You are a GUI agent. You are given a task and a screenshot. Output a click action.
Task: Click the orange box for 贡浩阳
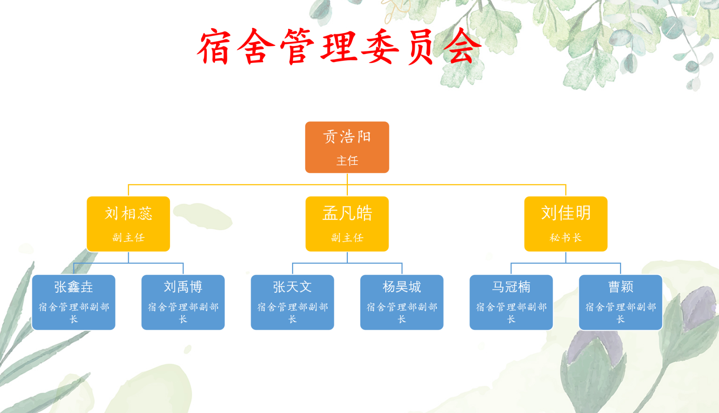[x=347, y=147]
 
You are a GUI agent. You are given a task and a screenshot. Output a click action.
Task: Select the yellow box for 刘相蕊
[x=128, y=224]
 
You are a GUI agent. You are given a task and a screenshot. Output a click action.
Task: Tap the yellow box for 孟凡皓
[x=347, y=224]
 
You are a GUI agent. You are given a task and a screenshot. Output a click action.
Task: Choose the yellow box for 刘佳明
[x=566, y=224]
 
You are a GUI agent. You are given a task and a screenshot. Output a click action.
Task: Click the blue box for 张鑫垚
[x=74, y=302]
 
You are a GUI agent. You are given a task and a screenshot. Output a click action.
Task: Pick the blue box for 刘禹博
[x=183, y=302]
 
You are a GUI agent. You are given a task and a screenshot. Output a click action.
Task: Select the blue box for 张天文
[x=292, y=302]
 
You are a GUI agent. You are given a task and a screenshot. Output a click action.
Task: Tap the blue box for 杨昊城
[x=402, y=302]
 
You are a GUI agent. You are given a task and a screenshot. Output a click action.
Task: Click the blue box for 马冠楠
[x=511, y=302]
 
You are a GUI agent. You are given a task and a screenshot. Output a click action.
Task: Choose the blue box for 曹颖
[x=620, y=302]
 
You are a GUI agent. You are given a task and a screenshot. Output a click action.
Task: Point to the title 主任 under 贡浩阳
[x=347, y=161]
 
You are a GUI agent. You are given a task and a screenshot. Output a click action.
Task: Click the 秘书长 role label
[x=566, y=238]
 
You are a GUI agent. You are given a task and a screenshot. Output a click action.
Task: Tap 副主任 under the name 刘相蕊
[x=128, y=238]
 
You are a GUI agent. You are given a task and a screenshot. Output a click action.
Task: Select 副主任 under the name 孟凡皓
[x=347, y=238]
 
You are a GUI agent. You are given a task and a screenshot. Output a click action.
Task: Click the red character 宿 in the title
[x=214, y=47]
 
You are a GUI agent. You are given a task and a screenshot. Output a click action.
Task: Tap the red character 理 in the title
[x=339, y=47]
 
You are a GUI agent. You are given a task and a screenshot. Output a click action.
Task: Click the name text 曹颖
[x=621, y=287]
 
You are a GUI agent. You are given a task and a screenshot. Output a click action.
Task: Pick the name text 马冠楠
[x=511, y=287]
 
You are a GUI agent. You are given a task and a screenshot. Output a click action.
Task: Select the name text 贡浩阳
[x=347, y=137]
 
